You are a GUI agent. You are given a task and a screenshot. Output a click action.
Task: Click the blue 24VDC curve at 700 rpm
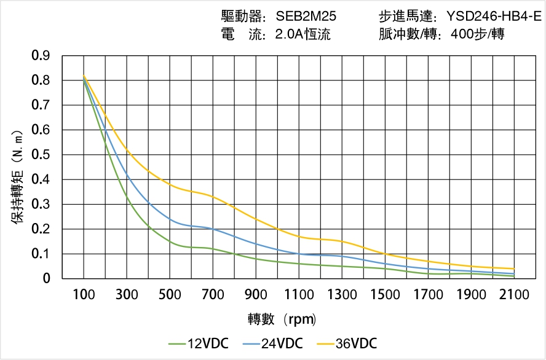(x=213, y=229)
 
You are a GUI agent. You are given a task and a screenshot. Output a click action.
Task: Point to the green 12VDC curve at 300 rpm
(x=127, y=197)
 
